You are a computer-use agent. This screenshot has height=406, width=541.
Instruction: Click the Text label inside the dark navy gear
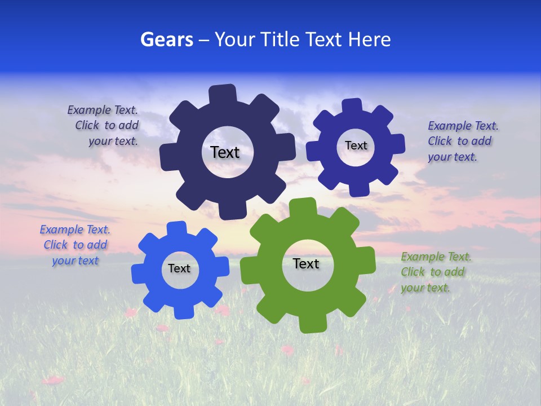coord(225,152)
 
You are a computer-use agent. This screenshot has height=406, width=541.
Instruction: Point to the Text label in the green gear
coord(306,264)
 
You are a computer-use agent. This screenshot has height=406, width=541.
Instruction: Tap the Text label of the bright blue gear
coord(179,269)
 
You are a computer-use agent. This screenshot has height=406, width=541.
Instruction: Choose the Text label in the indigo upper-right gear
coord(356,146)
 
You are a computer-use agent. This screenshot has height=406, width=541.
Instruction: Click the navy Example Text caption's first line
coord(103,110)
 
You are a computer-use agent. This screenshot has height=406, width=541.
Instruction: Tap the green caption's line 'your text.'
coord(425,288)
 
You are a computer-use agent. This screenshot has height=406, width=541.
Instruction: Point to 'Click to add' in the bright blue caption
coord(75,245)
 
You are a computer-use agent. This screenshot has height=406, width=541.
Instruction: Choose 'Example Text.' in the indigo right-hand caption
coord(463,126)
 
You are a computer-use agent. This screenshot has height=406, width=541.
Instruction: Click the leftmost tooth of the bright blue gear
coord(139,275)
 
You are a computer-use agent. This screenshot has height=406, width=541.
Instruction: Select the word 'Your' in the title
coord(231,39)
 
